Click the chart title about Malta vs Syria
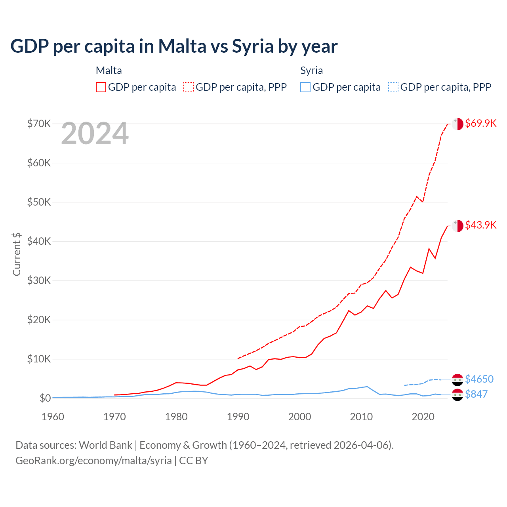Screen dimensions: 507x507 pos(174,46)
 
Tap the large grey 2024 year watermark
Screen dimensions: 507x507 pos(95,134)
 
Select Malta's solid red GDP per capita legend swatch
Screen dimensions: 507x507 pos(101,87)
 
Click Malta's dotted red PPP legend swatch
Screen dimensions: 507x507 pos(189,87)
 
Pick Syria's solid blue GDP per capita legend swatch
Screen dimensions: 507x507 pos(305,87)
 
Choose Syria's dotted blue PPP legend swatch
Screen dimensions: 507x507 pos(393,87)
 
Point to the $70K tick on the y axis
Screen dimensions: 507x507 pos(39,124)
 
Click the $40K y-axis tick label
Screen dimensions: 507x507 pos(39,241)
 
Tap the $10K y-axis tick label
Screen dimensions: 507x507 pos(39,359)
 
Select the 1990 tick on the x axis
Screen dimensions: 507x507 pos(238,417)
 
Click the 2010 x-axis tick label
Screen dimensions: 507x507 pos(361,417)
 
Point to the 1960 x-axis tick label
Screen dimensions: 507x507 pos(53,417)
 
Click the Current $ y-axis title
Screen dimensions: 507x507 pos(17,254)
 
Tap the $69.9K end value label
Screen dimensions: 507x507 pos(480,123)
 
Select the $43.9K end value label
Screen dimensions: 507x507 pos(480,225)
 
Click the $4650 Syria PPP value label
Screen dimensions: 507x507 pos(479,379)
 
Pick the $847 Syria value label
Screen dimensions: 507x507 pos(476,394)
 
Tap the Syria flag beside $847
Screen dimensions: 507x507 pos(457,395)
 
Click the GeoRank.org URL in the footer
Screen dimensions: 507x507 pos(93,461)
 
